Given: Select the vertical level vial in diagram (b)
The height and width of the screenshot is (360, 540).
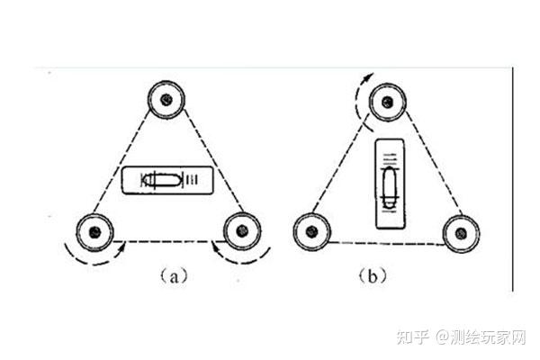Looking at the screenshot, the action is point(388,184).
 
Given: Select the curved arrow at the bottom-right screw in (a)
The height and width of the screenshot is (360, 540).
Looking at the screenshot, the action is point(238,256).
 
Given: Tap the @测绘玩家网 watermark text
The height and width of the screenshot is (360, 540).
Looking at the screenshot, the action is point(481,337).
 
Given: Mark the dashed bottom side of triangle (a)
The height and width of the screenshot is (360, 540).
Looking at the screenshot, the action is point(166,241).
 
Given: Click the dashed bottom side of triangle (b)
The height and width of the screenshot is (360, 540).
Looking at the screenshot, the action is point(386,243).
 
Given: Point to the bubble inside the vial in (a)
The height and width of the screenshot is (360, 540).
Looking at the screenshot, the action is point(162,181).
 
